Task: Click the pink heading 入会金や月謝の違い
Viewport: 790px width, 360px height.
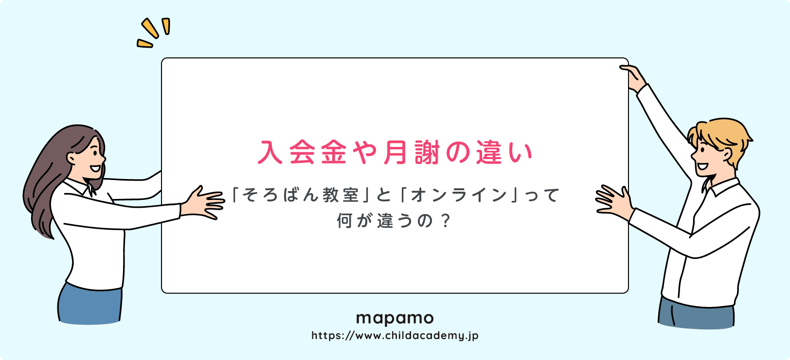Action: (x=395, y=152)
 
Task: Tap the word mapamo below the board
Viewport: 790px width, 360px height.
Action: (x=395, y=319)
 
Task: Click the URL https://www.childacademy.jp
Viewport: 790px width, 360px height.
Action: (x=395, y=336)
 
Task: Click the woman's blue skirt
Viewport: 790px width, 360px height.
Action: (x=90, y=304)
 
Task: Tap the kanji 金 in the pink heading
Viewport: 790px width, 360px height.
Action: (x=333, y=152)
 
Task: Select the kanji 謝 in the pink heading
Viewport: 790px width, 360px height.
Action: (x=427, y=152)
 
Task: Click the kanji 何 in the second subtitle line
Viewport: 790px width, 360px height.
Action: (x=344, y=221)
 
